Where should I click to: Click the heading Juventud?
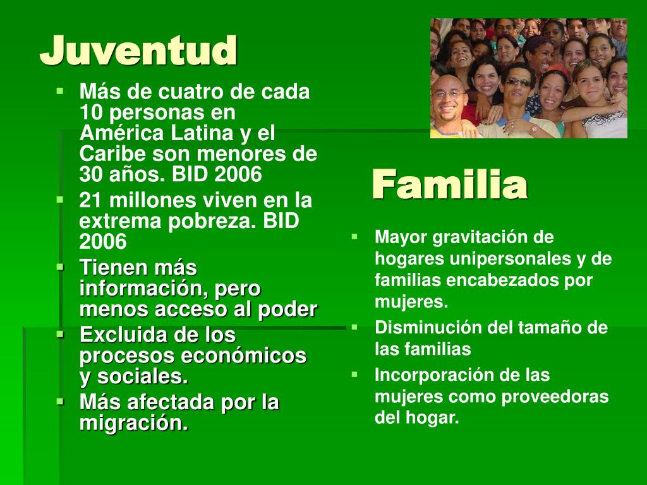click(138, 51)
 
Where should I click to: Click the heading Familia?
click(449, 184)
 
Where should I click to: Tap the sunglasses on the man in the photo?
click(518, 82)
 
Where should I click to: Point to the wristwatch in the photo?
click(534, 129)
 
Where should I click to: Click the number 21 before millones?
click(91, 200)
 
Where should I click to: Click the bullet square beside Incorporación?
click(354, 375)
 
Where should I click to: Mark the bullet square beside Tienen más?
click(60, 267)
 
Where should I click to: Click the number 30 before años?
click(91, 174)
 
